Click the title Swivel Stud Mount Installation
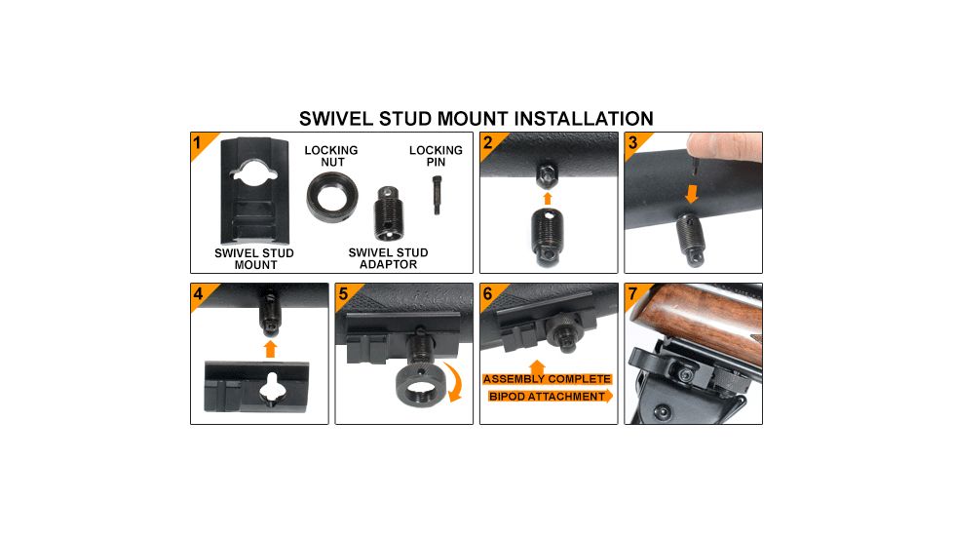click(x=476, y=119)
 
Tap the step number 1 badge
click(x=199, y=143)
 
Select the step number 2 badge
click(x=488, y=142)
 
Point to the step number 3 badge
click(x=632, y=142)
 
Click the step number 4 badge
click(x=199, y=292)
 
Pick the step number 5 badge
click(x=343, y=292)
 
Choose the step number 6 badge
click(x=488, y=292)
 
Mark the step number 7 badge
click(x=632, y=292)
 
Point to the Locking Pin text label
click(x=436, y=156)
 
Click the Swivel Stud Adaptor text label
click(x=388, y=258)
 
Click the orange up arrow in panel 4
click(x=270, y=347)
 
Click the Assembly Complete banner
click(x=547, y=378)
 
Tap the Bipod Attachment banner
click(x=547, y=397)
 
